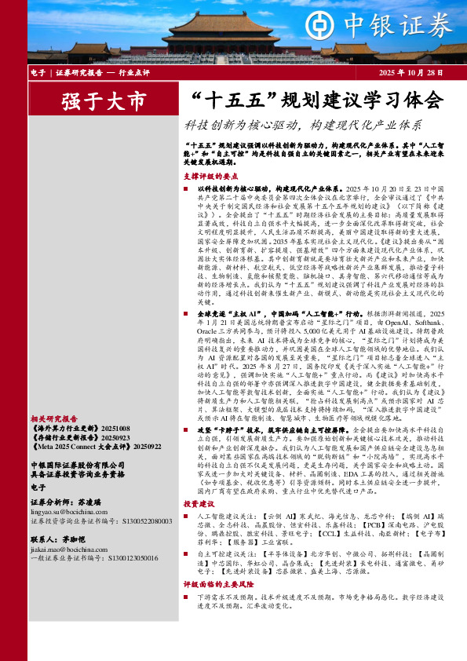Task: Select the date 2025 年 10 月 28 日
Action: tap(410, 72)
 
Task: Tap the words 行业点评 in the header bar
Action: tap(134, 72)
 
